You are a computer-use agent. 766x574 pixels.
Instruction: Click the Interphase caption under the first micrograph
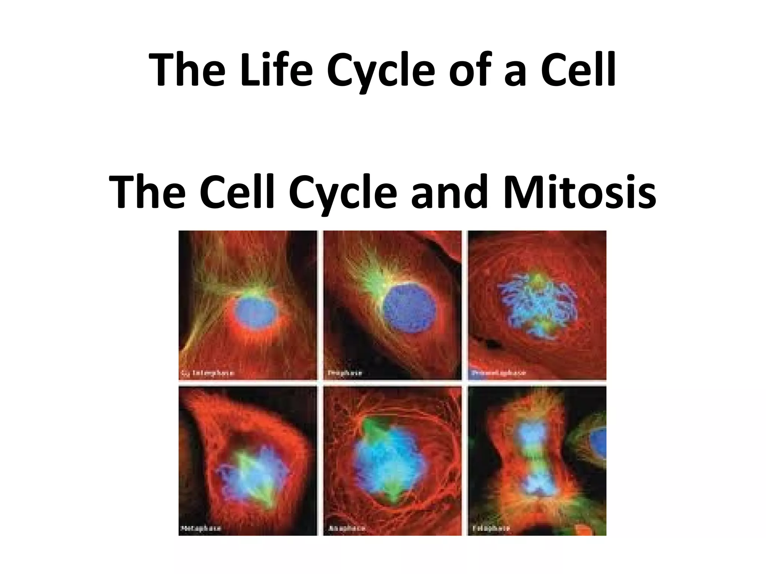(x=208, y=373)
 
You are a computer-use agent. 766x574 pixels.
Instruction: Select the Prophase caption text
(x=345, y=373)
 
